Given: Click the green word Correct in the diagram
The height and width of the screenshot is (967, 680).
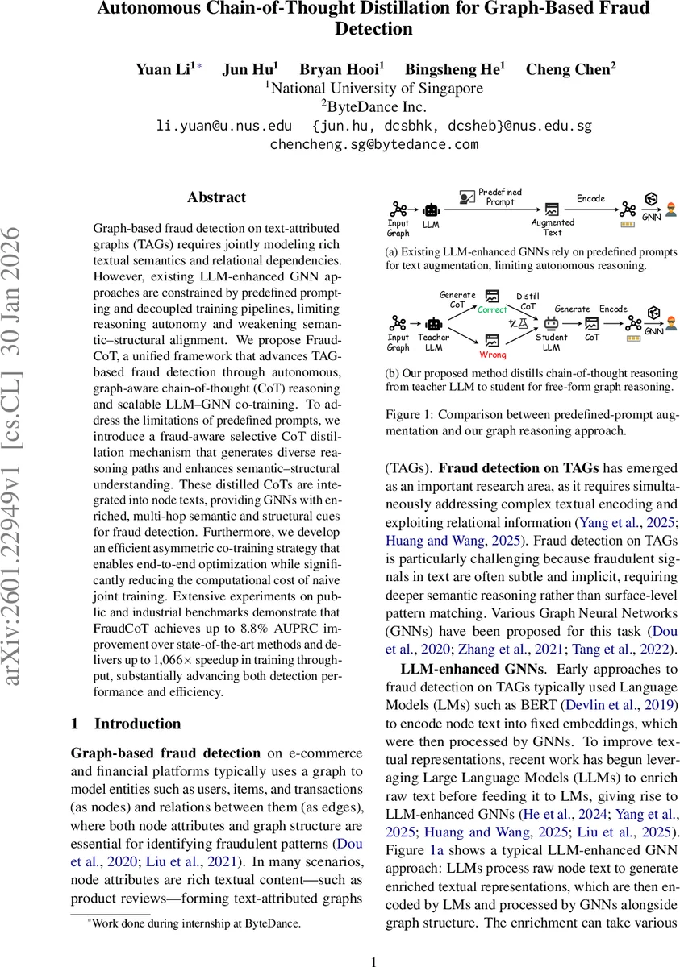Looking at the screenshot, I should [492, 309].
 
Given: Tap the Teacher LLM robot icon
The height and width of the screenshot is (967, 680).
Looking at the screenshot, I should [434, 324].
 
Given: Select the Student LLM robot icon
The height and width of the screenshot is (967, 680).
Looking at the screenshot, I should [552, 322].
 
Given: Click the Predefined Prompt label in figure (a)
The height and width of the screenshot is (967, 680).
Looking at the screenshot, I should [500, 197].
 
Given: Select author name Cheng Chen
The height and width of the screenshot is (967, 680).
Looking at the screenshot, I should [570, 68].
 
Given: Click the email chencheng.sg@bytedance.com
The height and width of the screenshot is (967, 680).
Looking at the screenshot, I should [374, 144].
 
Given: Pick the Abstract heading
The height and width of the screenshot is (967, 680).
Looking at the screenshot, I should [216, 197].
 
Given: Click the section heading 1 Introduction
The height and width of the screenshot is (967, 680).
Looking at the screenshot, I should [126, 723].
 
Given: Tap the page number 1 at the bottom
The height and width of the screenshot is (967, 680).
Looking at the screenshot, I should [373, 961].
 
